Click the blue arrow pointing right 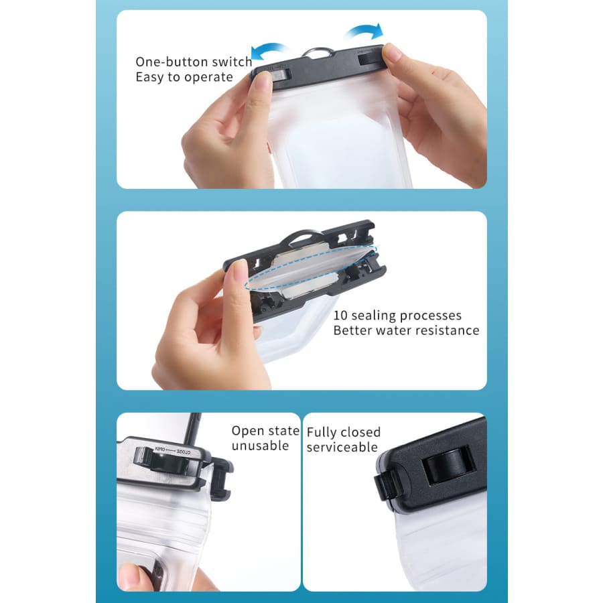coord(365,31)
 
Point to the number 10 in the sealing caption coord(340,316)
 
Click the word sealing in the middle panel coord(374,316)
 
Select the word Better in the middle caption coord(352,330)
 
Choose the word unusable coord(260,446)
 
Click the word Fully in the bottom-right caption coord(322,433)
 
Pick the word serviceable coord(342,448)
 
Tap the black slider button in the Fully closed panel coord(448,465)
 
